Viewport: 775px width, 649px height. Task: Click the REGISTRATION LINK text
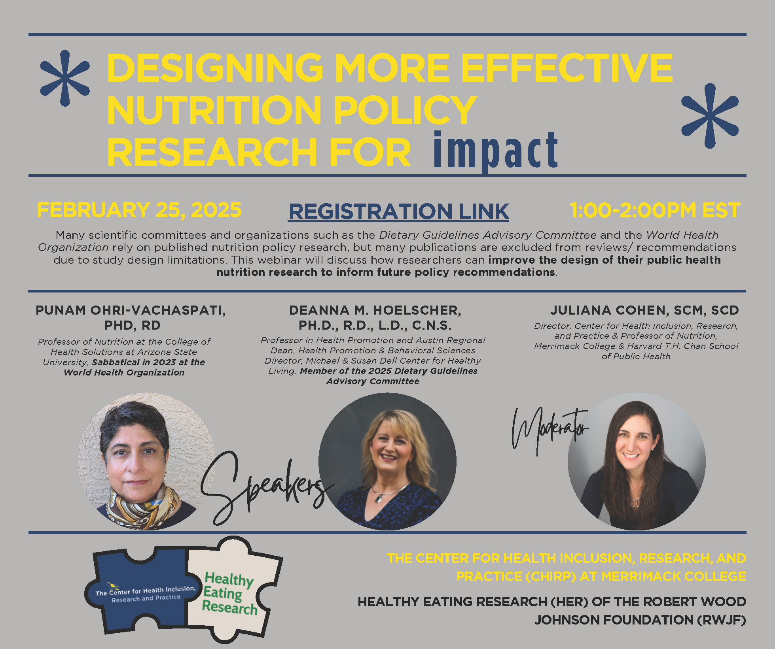pos(398,211)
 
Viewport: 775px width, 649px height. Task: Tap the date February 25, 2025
pos(139,210)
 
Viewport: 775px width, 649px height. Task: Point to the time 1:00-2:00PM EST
pos(655,210)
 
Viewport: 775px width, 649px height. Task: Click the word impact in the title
pos(496,151)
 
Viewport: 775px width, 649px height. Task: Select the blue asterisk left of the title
pos(65,78)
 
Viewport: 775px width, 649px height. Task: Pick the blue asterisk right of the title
pos(710,116)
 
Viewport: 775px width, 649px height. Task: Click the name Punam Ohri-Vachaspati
pos(131,311)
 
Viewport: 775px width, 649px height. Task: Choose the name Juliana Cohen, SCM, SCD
pos(644,310)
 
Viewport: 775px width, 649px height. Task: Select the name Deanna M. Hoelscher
pos(375,311)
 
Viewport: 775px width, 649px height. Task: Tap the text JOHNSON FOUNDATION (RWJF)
pos(640,620)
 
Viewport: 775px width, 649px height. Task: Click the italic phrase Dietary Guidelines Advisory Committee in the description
pos(487,235)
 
